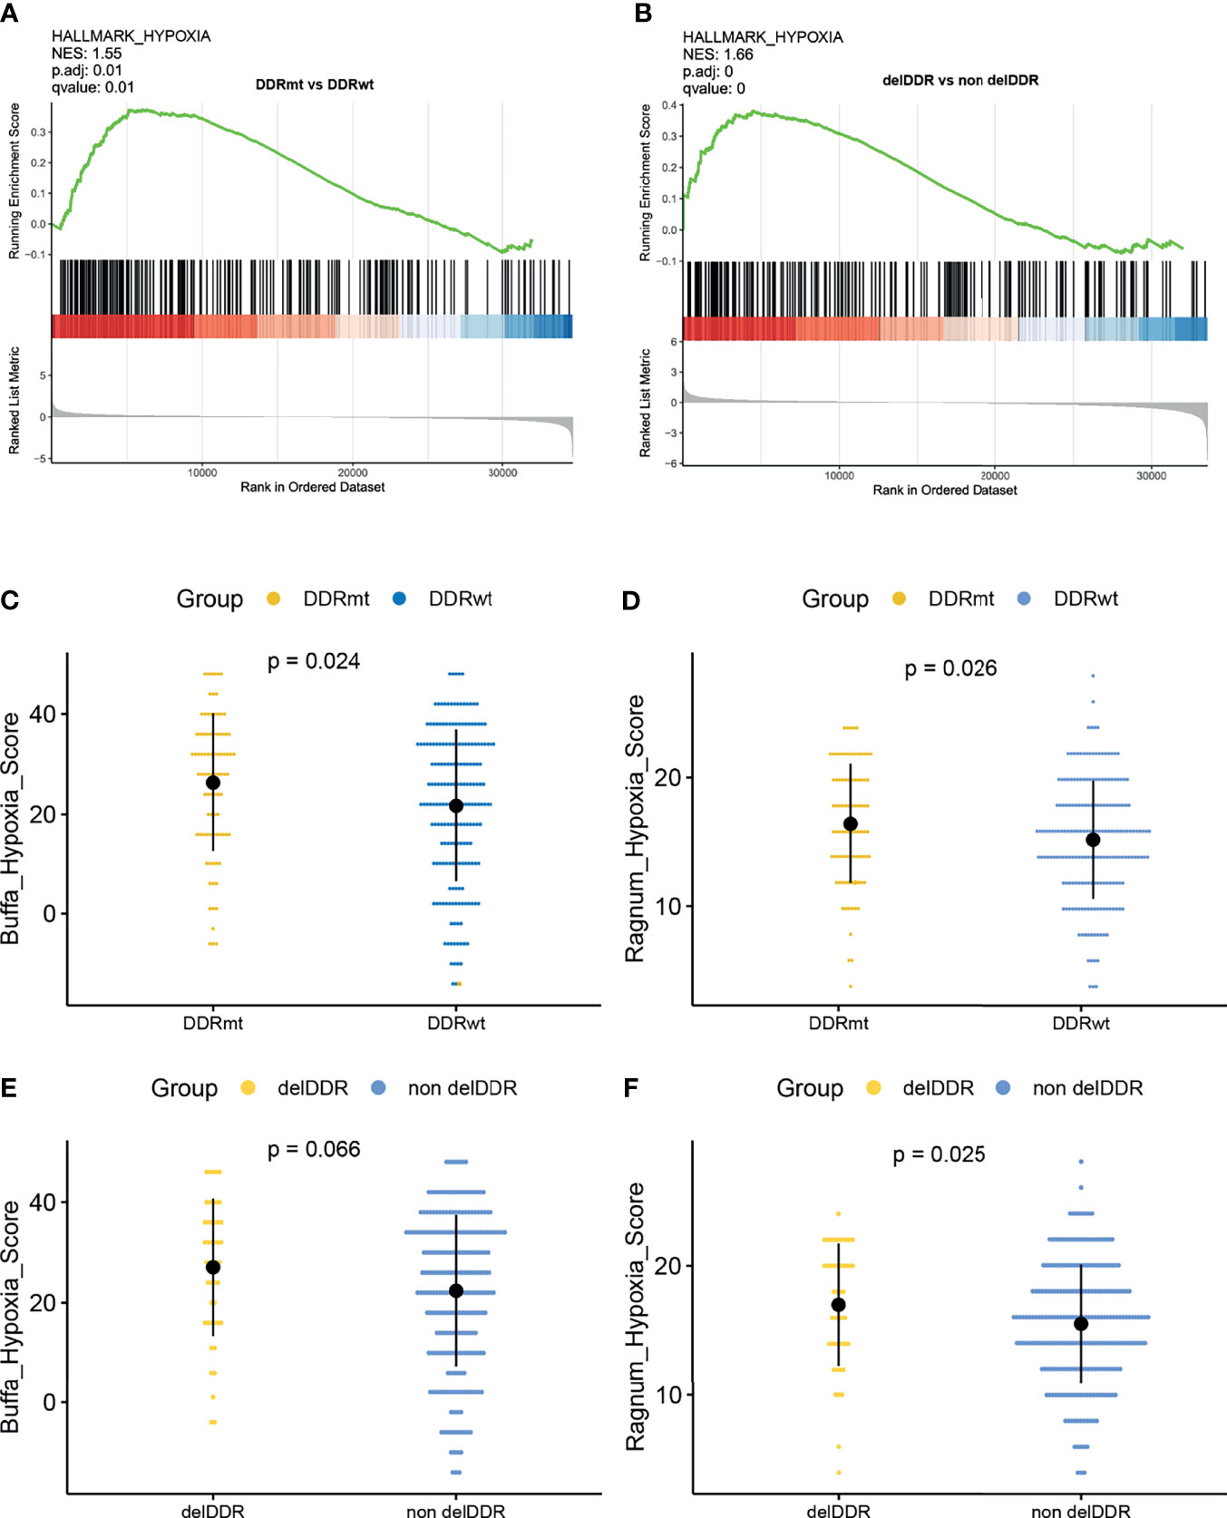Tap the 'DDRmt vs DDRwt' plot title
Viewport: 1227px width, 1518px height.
pos(314,84)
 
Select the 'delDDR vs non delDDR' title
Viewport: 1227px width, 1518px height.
pos(960,80)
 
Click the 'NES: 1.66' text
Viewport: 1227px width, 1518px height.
pos(718,54)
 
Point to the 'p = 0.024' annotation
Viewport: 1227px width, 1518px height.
pos(314,662)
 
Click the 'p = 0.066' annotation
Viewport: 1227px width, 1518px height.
pos(314,1150)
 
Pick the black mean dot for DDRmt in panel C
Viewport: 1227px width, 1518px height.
pos(213,783)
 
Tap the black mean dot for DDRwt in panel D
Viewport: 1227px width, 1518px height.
pos(1093,840)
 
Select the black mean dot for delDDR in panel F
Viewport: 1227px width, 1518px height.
pos(839,1305)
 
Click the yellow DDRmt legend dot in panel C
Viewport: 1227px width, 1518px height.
pos(273,598)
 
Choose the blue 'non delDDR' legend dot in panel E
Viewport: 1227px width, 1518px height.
pos(378,1087)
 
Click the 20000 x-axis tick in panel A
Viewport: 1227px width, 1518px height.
pos(353,472)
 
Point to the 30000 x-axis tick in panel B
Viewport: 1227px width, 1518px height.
pos(1151,475)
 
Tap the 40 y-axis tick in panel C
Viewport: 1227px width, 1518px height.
pos(42,715)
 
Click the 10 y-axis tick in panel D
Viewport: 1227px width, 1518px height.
pos(667,907)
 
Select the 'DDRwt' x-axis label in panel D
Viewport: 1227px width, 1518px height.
pos(1081,1023)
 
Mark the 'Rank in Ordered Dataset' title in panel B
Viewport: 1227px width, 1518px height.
pos(945,490)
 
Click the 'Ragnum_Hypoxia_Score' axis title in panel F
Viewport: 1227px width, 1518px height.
pos(636,1317)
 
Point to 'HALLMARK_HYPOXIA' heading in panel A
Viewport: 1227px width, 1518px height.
pos(131,36)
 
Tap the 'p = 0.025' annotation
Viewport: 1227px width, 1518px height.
pos(939,1155)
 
